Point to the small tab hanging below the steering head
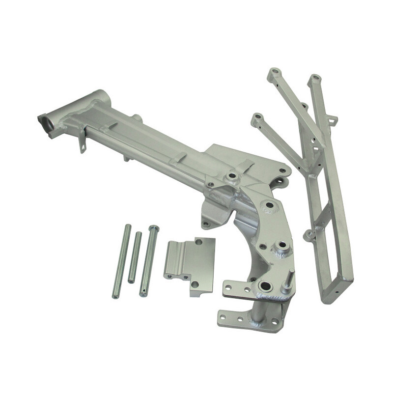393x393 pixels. [x=83, y=144]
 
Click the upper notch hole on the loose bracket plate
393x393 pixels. [x=198, y=242]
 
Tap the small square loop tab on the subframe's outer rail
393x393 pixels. [x=334, y=119]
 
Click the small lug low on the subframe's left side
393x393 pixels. [x=309, y=236]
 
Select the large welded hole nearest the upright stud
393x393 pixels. [x=266, y=286]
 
